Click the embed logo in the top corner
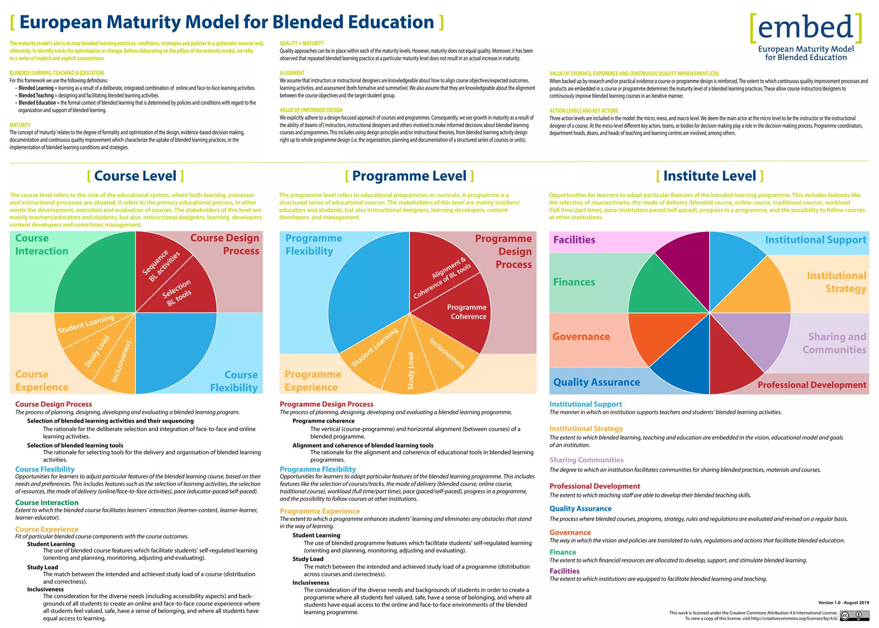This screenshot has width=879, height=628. click(x=806, y=37)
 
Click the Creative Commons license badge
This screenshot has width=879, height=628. click(x=854, y=616)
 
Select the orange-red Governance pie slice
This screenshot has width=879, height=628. click(x=661, y=335)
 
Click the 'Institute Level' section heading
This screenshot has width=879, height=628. click(x=709, y=176)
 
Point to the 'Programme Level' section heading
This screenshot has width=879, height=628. click(x=409, y=176)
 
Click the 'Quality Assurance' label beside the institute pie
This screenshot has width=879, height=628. click(x=596, y=382)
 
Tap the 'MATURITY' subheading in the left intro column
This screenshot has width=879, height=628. click(x=20, y=125)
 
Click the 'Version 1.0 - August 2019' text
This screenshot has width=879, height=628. click(x=843, y=603)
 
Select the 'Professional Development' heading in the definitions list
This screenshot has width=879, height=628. click(x=594, y=486)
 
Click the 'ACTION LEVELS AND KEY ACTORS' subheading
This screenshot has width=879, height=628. click(x=583, y=111)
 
